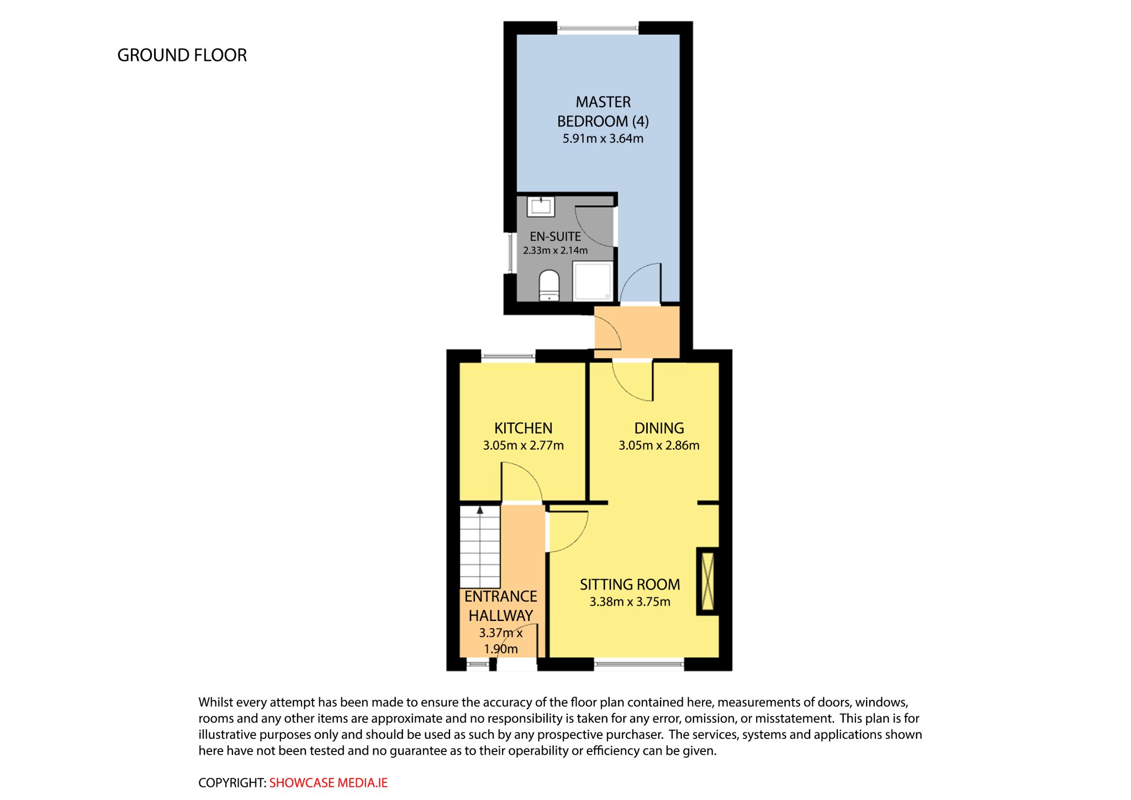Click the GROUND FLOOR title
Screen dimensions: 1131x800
(x=182, y=55)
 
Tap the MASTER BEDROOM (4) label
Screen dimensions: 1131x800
(x=603, y=112)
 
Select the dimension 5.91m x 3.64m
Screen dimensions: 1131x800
(x=603, y=139)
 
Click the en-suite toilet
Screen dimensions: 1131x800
(x=549, y=285)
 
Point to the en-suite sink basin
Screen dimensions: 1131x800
(x=541, y=207)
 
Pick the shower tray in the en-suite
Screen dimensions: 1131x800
(x=593, y=281)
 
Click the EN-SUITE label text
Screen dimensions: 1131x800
(x=555, y=236)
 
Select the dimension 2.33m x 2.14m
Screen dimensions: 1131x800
(x=555, y=250)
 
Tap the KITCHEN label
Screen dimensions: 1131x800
(x=523, y=428)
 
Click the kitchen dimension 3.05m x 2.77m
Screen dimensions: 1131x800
(x=523, y=445)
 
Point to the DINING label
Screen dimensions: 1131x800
(x=659, y=428)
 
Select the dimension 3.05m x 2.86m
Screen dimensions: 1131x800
(x=659, y=445)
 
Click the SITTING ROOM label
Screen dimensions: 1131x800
(x=630, y=585)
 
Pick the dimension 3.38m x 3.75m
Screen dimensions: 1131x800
(x=630, y=602)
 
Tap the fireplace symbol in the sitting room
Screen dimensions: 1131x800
(x=707, y=581)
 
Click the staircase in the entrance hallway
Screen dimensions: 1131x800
(x=480, y=547)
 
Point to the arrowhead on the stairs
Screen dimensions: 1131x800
(x=480, y=510)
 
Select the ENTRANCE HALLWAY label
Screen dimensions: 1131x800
(x=500, y=606)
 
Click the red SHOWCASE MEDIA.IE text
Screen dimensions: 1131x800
(x=328, y=783)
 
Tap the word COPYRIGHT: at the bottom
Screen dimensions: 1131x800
(x=232, y=783)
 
